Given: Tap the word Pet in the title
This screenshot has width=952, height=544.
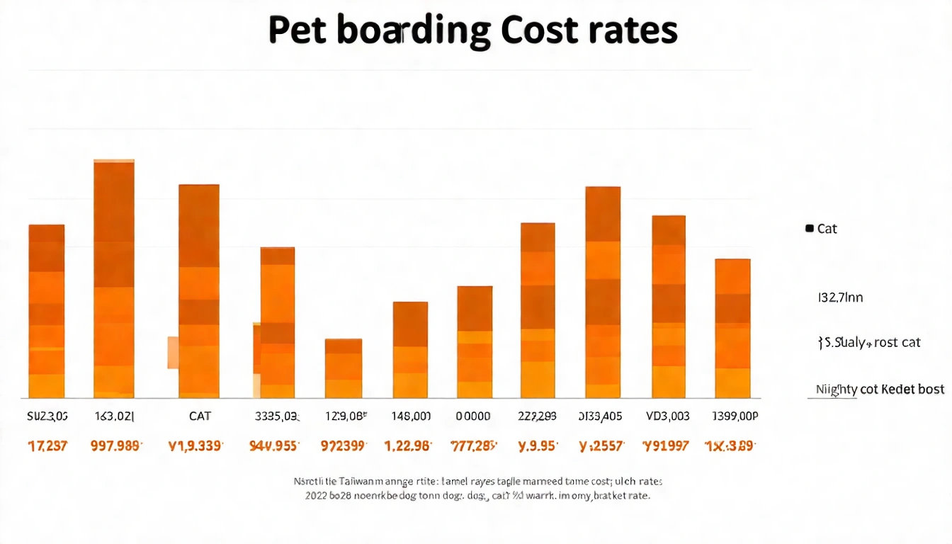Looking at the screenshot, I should coord(299,30).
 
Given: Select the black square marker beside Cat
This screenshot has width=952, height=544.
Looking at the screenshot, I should coord(809,228).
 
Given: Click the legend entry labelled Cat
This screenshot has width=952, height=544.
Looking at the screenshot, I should coord(827,229).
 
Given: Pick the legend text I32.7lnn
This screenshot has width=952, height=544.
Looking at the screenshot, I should coord(840,297).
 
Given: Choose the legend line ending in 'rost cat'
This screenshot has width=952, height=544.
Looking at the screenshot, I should coord(869,343).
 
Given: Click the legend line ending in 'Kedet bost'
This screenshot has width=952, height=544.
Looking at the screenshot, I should coord(880,389).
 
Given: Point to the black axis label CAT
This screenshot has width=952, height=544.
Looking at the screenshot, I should coord(200,416).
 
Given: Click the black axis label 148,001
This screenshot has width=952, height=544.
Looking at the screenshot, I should coord(411,416).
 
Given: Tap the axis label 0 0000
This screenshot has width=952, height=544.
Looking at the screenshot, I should coord(472,416).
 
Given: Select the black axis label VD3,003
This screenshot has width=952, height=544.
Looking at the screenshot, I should coord(668,416).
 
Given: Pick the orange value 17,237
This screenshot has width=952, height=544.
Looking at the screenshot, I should coord(47,446).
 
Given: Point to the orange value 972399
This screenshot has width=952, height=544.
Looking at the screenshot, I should coord(344,446).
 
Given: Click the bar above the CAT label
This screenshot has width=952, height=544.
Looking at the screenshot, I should coord(199,290).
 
